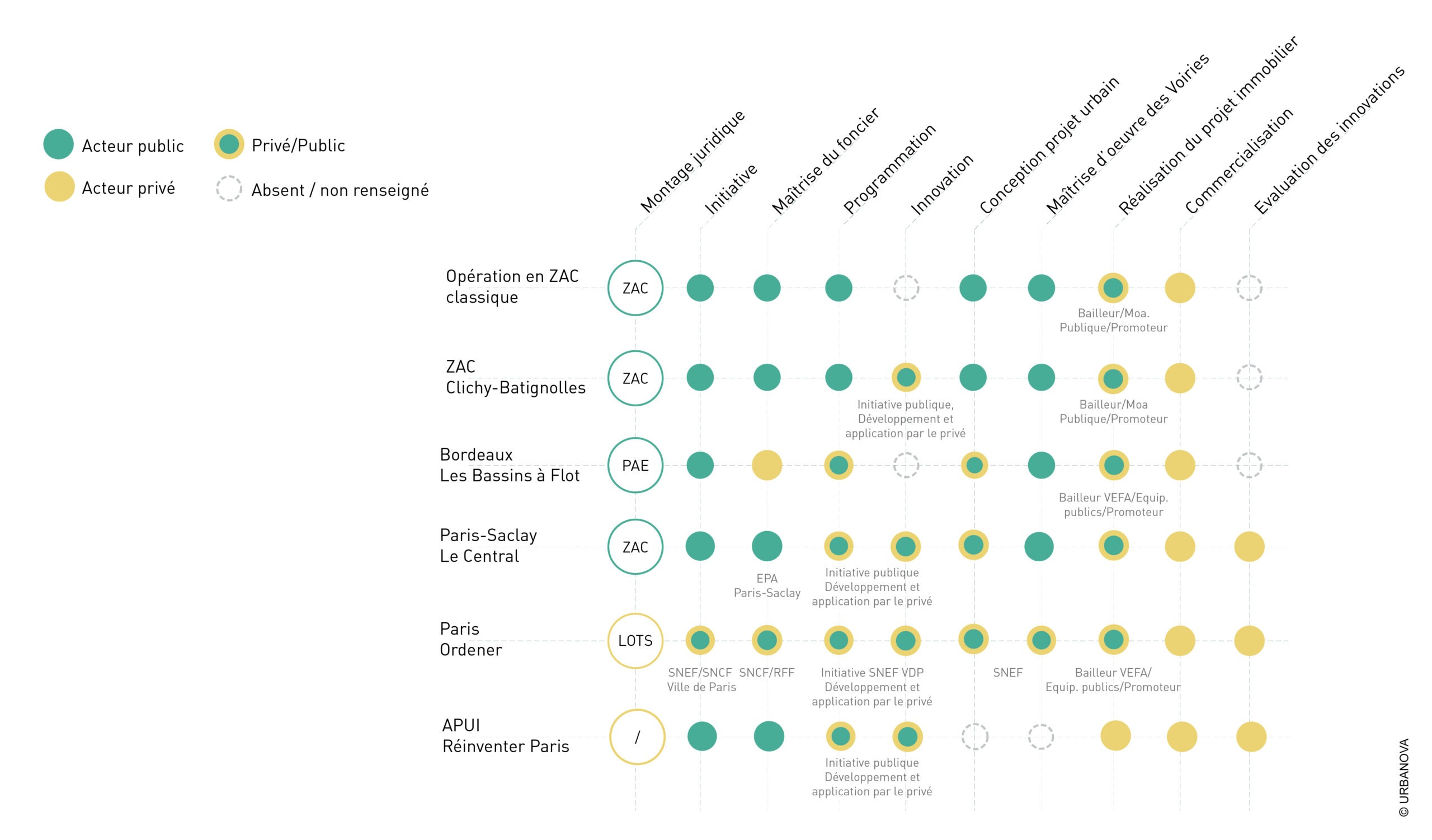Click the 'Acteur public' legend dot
pos(59,144)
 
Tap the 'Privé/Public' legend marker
pos(229,144)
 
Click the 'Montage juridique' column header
pos(693,161)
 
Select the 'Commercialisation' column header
pos(1240,161)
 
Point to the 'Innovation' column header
pos(942,185)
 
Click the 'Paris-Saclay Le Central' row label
pos(488,546)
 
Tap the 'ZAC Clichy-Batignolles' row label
pos(515,377)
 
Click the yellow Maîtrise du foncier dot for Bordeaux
pos(767,465)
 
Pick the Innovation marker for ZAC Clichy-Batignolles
pos(906,377)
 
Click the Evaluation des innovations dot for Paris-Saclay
pos(1249,546)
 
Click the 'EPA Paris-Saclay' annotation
pos(767,585)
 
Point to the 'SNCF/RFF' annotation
pos(766,672)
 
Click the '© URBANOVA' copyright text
pos(1403,777)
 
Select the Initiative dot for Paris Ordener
pos(700,641)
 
